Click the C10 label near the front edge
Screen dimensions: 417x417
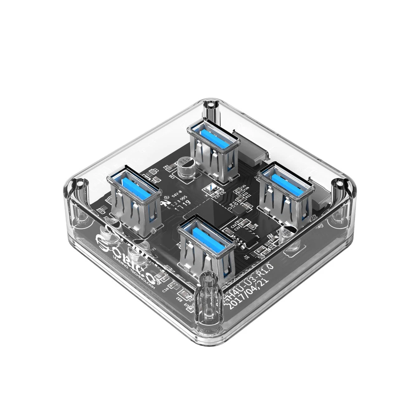tap(166, 287)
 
